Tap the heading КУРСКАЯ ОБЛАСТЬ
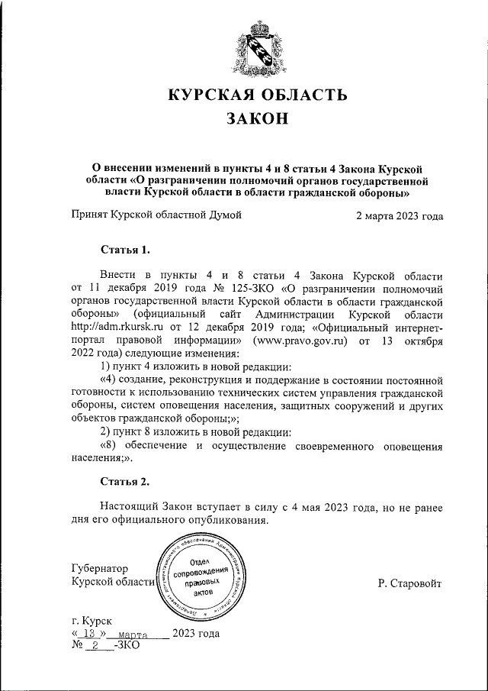pos(258,95)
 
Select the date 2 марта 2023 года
pos(400,215)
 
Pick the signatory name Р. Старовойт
pos(409,583)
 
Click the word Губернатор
pos(99,569)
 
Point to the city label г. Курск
pos(90,622)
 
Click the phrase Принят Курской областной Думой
pos(156,215)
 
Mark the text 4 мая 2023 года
pos(297,507)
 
